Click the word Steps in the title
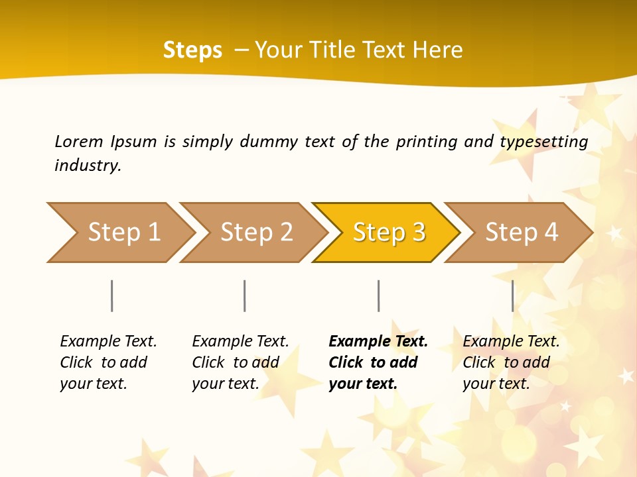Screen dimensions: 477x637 point(192,50)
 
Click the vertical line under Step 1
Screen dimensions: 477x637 point(112,295)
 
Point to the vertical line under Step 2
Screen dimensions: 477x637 point(245,295)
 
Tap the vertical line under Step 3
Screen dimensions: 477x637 point(378,295)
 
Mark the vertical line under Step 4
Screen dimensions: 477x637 point(512,295)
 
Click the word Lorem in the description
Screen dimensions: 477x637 point(78,142)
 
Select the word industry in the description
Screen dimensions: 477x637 point(87,166)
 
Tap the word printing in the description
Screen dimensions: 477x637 point(427,142)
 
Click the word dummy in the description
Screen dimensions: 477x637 point(268,142)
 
